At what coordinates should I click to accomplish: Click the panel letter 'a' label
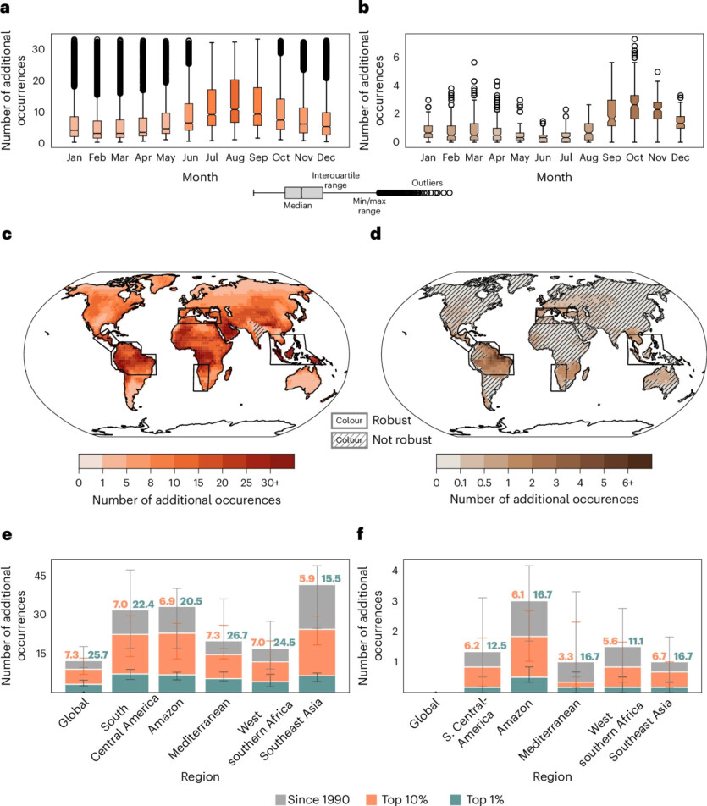point(6,10)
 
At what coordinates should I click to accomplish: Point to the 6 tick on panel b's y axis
point(419,58)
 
